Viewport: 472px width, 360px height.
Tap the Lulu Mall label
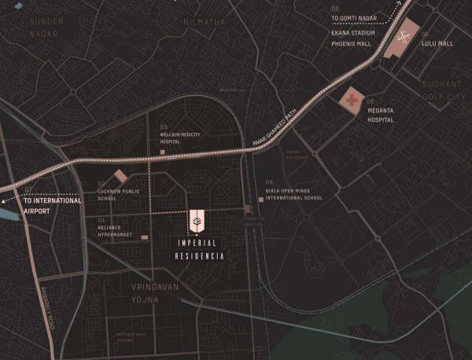pyautogui.click(x=438, y=44)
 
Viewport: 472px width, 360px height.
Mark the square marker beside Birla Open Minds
pyautogui.click(x=260, y=199)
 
